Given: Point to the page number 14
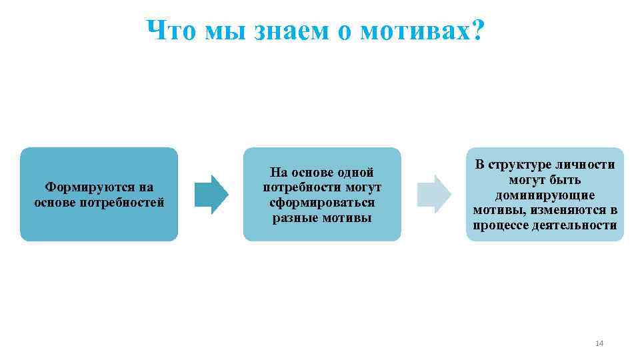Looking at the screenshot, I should (x=598, y=343).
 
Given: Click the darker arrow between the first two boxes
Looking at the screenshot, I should (x=211, y=194).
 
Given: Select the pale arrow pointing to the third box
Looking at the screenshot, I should (x=434, y=194).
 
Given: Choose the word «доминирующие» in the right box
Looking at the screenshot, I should (x=545, y=195).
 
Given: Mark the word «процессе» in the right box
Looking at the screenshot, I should (x=501, y=225).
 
